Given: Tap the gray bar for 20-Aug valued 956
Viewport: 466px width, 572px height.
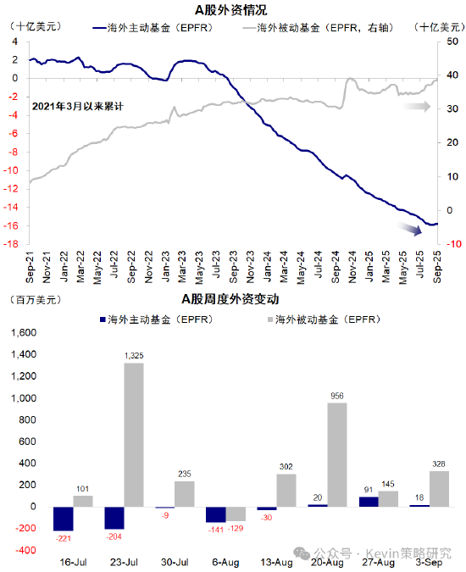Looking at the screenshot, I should (336, 454).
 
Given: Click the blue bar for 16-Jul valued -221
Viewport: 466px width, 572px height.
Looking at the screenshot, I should (64, 519).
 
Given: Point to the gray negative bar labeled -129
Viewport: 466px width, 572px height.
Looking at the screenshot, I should (236, 514).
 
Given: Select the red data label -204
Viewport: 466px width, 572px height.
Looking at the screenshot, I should (114, 536).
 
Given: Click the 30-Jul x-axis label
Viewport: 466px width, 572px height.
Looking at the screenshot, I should (175, 561).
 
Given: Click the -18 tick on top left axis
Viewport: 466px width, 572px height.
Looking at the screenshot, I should (14, 245).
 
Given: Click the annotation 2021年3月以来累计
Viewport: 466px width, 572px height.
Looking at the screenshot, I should (78, 107).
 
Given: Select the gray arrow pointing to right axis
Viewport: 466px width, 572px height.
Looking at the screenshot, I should (416, 107).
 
